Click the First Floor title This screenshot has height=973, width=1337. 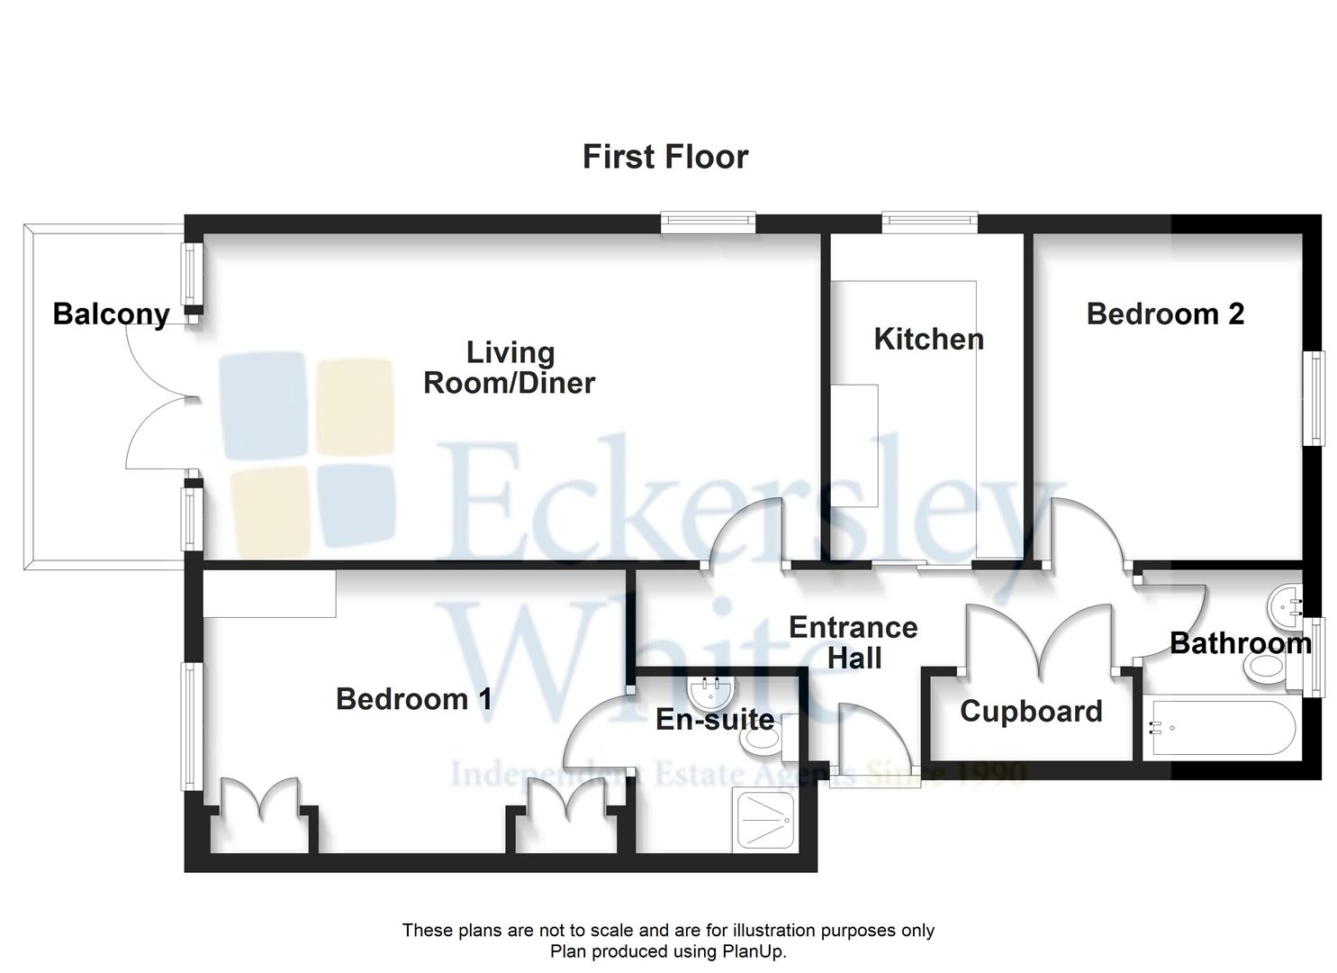pyautogui.click(x=665, y=157)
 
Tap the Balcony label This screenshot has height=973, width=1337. pyautogui.click(x=112, y=314)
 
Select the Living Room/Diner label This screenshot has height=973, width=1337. pyautogui.click(x=510, y=368)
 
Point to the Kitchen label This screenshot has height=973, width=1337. pyautogui.click(x=929, y=340)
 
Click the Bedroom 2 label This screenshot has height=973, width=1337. pyautogui.click(x=1165, y=314)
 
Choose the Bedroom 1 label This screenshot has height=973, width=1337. pyautogui.click(x=414, y=699)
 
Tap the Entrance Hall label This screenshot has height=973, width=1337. pyautogui.click(x=854, y=643)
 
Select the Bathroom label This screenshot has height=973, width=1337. pyautogui.click(x=1241, y=644)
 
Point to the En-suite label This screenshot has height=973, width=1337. pyautogui.click(x=715, y=720)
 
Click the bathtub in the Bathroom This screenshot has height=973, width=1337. pyautogui.click(x=1224, y=728)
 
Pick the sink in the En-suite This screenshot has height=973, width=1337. pyautogui.click(x=711, y=693)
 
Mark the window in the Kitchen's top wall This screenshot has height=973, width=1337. pyautogui.click(x=930, y=222)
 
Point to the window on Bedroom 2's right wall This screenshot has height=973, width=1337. pyautogui.click(x=1314, y=399)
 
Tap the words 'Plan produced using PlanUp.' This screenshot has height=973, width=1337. pyautogui.click(x=668, y=950)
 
